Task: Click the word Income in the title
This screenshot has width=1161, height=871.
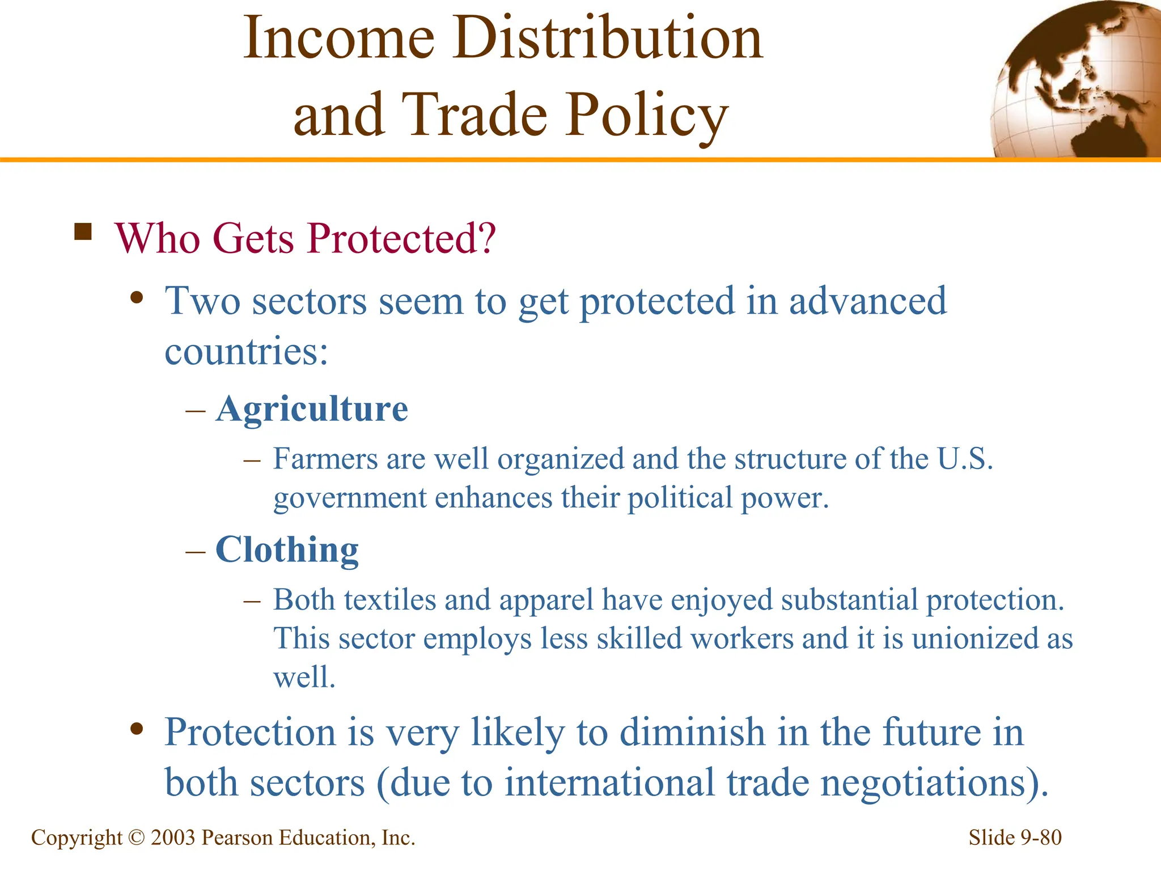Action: coord(339,39)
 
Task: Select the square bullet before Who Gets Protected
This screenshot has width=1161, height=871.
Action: coord(83,232)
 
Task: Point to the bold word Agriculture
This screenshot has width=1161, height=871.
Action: coord(312,409)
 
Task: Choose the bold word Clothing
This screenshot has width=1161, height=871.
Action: coord(287,549)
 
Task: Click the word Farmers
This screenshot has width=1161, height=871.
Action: coord(325,459)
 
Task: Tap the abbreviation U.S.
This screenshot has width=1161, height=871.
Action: coord(965,459)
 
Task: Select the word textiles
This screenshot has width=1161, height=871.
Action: coord(389,600)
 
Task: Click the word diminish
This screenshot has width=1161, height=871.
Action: coord(692,732)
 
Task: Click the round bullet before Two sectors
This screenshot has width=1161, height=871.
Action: coord(136,298)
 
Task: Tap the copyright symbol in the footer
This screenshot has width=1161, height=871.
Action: coord(137,838)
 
